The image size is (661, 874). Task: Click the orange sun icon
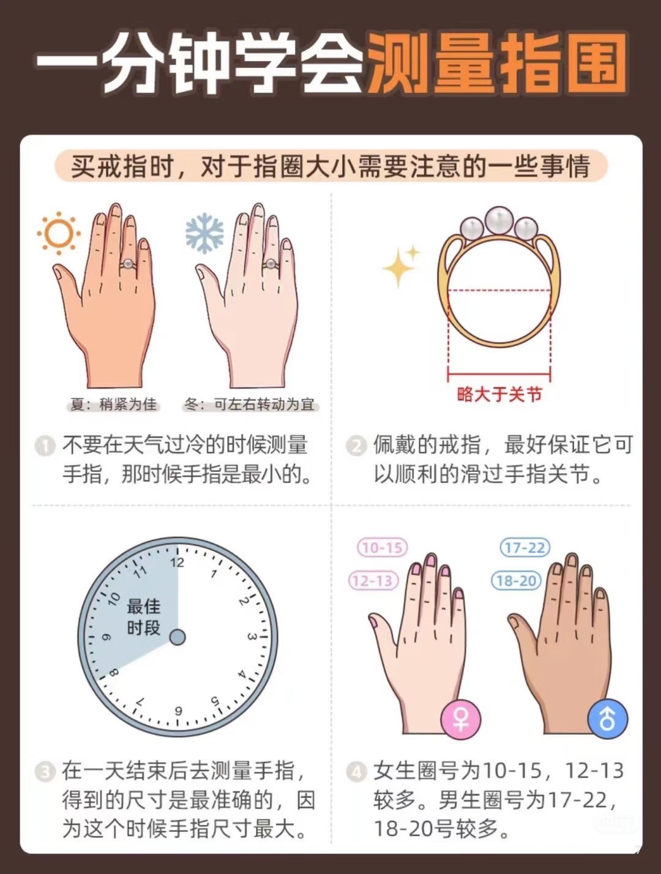click(x=59, y=233)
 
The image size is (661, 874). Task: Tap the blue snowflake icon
click(x=204, y=233)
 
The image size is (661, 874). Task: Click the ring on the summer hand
click(x=128, y=264)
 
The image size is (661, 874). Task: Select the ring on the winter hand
click(x=271, y=264)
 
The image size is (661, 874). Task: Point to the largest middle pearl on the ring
click(x=498, y=220)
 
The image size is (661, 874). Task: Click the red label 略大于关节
click(x=499, y=394)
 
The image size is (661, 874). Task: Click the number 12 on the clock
click(x=177, y=562)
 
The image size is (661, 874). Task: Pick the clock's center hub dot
click(x=177, y=637)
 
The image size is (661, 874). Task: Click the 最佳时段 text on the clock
click(x=143, y=618)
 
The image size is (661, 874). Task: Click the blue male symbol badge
click(x=608, y=719)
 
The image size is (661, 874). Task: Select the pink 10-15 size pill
click(x=383, y=548)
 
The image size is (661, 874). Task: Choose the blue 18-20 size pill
click(x=517, y=581)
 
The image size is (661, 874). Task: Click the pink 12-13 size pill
click(x=373, y=581)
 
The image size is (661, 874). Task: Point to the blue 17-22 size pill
click(x=525, y=548)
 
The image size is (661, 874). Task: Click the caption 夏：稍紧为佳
click(x=113, y=405)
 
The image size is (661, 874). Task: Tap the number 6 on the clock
click(x=179, y=711)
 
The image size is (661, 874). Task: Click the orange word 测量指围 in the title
click(x=496, y=63)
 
